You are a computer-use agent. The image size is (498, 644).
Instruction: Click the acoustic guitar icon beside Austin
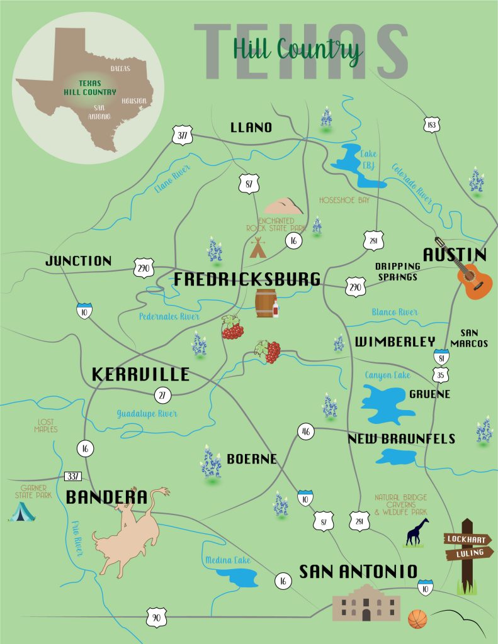point(474,279)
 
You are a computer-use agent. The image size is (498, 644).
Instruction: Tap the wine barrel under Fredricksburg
point(265,303)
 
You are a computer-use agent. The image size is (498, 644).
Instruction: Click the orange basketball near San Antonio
point(417,619)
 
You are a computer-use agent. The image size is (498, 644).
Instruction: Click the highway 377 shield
point(182,135)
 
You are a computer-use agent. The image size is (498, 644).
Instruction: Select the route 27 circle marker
point(163,396)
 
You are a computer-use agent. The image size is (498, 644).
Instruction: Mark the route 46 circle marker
point(305,432)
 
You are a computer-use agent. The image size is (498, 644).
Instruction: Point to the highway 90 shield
point(156,617)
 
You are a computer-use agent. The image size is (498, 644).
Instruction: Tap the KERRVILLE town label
point(140,375)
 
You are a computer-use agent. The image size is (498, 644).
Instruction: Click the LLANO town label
point(251,128)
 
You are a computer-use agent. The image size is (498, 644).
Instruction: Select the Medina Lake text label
point(227,560)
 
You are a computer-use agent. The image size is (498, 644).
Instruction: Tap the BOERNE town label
point(251,459)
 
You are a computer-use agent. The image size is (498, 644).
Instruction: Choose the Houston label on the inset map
point(133,101)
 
